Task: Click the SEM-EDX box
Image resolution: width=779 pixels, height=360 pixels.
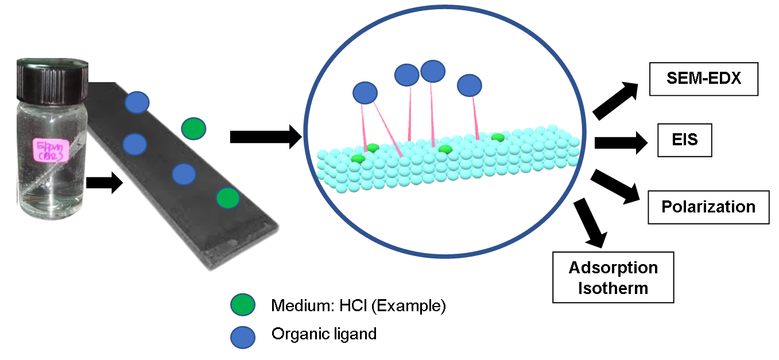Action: (704, 79)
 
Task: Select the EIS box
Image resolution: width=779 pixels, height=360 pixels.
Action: (685, 140)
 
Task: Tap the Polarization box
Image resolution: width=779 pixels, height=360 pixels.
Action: (708, 207)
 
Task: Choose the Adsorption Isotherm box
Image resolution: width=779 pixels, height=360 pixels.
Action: (613, 277)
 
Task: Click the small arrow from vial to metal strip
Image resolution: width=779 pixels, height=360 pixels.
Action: (104, 183)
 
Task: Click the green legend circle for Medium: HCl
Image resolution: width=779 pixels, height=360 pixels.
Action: (242, 305)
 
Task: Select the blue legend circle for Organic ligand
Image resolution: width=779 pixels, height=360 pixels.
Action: (243, 337)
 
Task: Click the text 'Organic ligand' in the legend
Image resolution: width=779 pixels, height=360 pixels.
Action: (324, 334)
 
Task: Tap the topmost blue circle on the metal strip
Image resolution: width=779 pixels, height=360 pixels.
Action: (137, 102)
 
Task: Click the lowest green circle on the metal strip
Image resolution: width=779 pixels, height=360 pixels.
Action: (228, 199)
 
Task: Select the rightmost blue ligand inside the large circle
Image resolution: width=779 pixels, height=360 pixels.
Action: (469, 85)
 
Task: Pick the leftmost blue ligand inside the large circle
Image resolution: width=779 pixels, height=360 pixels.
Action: (365, 92)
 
